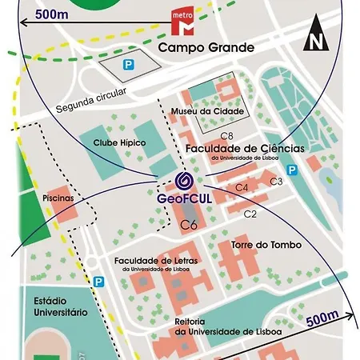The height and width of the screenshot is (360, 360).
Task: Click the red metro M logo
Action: [184, 24]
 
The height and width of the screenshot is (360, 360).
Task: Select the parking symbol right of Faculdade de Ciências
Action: [292, 169]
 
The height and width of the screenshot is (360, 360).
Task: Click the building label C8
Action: [226, 136]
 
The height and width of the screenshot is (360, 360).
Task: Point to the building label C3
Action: [277, 182]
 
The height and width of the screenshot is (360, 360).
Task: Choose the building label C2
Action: [250, 213]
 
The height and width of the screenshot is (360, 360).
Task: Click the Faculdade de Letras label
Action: [157, 261]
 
